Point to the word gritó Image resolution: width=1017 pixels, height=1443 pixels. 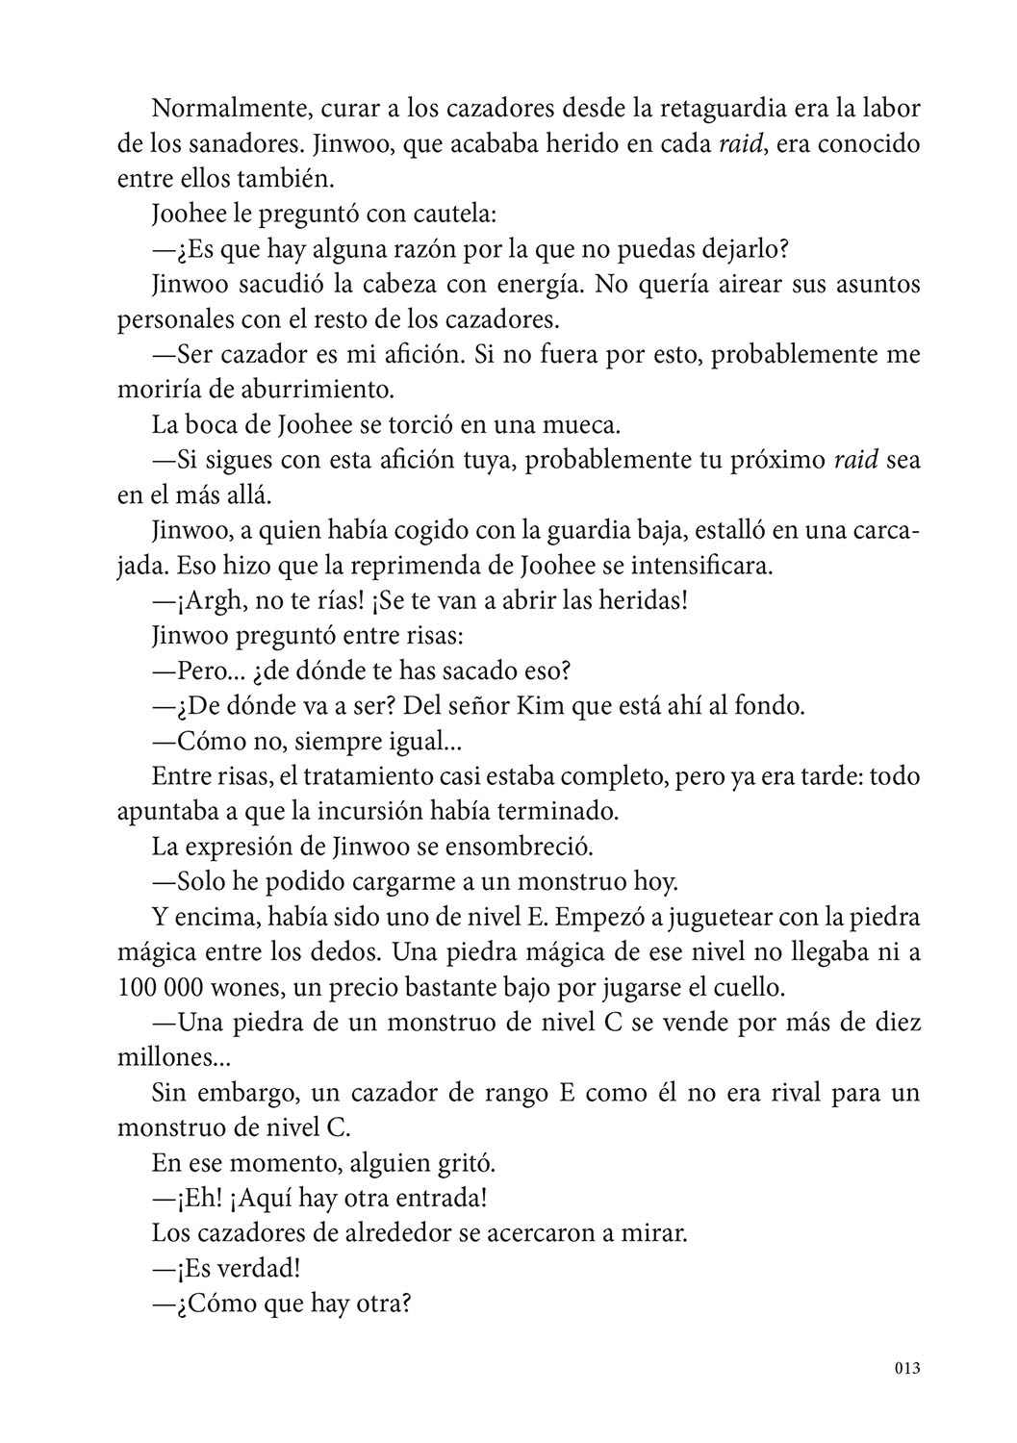(466, 1163)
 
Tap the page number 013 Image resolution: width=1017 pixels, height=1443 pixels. (906, 1368)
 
